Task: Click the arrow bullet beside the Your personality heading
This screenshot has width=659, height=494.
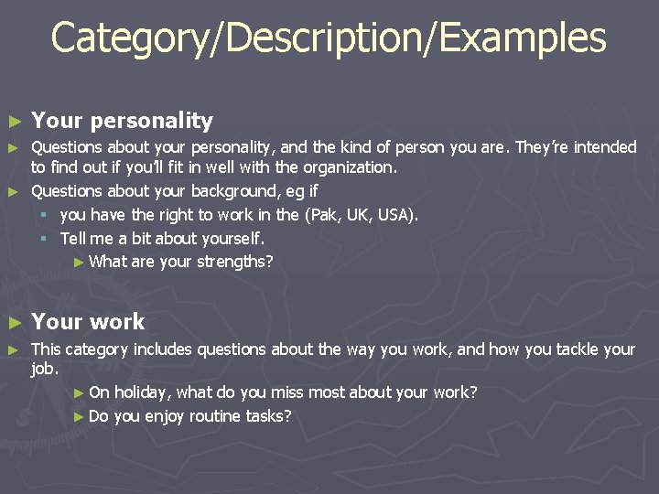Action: [13, 121]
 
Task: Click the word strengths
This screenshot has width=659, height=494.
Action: [233, 262]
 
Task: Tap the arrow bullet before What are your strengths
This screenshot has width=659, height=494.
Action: [79, 263]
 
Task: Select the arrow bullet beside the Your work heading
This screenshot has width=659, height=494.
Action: [13, 322]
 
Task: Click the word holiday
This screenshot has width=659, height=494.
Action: [142, 393]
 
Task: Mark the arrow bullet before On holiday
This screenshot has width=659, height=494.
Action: [79, 393]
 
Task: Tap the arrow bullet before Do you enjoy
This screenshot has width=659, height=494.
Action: [79, 416]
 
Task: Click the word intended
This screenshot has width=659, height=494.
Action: [605, 147]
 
